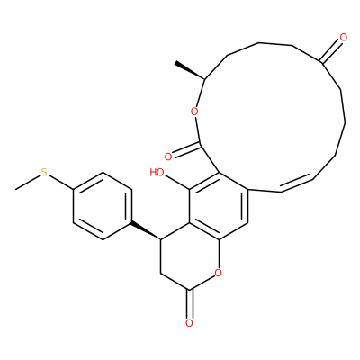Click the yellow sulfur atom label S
(44, 173)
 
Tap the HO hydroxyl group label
(157, 173)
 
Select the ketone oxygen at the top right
(344, 38)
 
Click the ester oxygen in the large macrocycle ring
(194, 112)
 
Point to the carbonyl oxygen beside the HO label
(168, 157)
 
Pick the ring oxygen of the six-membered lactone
(219, 273)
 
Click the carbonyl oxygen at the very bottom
(189, 323)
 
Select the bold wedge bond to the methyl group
(190, 71)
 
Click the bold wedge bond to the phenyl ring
(146, 230)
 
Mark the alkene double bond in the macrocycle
(296, 184)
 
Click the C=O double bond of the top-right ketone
(331, 51)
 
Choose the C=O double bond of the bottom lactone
(189, 303)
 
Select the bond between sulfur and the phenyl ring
(60, 182)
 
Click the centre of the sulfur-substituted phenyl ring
(103, 206)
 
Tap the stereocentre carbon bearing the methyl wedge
(205, 79)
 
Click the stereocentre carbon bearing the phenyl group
(161, 239)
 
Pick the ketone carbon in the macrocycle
(320, 62)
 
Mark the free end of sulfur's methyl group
(15, 189)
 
